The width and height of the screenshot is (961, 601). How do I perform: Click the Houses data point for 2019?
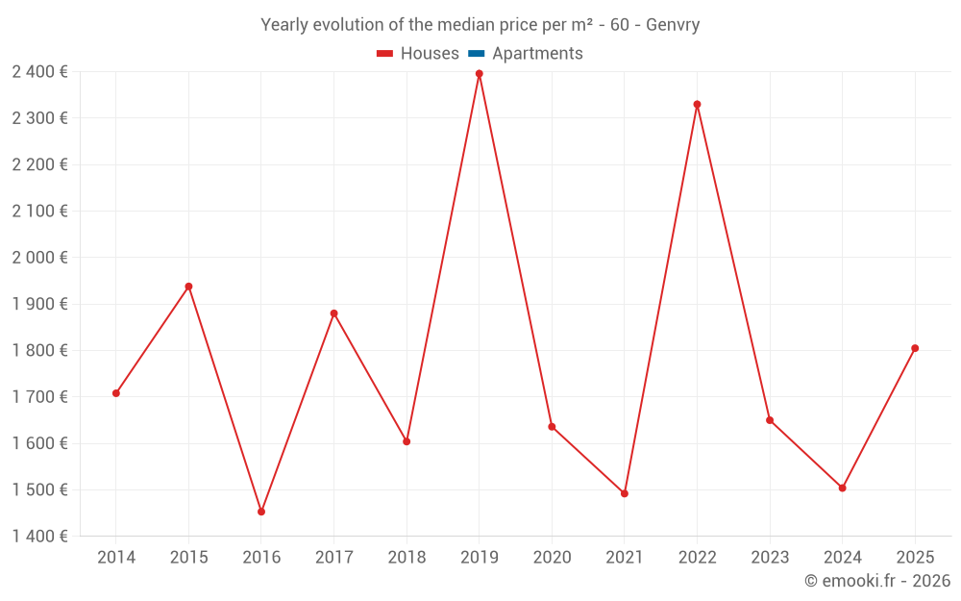tap(480, 74)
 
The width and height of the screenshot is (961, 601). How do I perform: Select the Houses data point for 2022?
tap(697, 105)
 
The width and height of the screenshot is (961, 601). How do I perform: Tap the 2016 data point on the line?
tap(261, 512)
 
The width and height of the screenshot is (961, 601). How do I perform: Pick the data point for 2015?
tap(188, 287)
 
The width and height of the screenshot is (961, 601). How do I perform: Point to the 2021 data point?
tap(625, 493)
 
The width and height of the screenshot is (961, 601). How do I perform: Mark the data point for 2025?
tap(915, 348)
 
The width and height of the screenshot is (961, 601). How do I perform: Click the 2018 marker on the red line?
tap(407, 441)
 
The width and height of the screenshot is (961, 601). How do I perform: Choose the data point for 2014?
tap(116, 393)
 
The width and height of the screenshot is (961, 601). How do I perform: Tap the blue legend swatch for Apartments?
tap(476, 54)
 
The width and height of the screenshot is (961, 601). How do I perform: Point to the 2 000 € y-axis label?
tap(39, 258)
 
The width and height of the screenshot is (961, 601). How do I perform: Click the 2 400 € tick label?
tap(39, 71)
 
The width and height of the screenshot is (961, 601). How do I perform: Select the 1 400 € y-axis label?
tap(39, 537)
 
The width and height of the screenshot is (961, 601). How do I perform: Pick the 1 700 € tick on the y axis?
tap(39, 397)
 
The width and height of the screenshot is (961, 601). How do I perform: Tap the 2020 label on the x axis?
tap(552, 558)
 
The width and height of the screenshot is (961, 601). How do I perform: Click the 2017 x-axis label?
tap(333, 558)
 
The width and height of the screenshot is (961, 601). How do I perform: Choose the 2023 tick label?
tap(770, 558)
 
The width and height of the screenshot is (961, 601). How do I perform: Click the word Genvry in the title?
tap(673, 25)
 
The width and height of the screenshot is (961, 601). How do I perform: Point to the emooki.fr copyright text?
tap(877, 581)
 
